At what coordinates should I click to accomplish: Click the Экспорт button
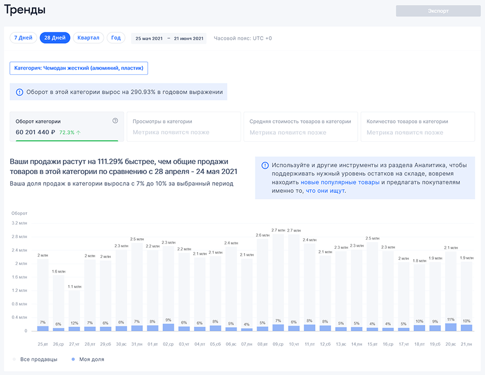pyautogui.click(x=438, y=11)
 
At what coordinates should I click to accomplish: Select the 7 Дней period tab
pyautogui.click(x=23, y=38)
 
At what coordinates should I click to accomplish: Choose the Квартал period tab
pyautogui.click(x=88, y=38)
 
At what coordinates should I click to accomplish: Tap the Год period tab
pyautogui.click(x=116, y=38)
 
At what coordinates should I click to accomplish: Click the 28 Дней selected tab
pyautogui.click(x=55, y=38)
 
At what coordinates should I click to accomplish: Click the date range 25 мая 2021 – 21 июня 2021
pyautogui.click(x=169, y=38)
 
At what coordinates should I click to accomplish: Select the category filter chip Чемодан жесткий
pyautogui.click(x=79, y=68)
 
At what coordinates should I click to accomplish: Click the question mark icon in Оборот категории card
pyautogui.click(x=115, y=121)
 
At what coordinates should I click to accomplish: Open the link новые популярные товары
pyautogui.click(x=340, y=182)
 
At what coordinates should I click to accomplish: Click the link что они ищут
pyautogui.click(x=325, y=191)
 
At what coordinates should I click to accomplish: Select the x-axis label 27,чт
pyautogui.click(x=74, y=344)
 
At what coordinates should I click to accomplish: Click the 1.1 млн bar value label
pyautogui.click(x=74, y=287)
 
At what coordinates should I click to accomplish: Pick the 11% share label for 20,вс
pyautogui.click(x=451, y=320)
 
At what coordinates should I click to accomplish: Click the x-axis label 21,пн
pyautogui.click(x=467, y=344)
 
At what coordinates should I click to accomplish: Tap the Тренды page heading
pyautogui.click(x=25, y=10)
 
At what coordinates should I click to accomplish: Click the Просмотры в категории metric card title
pyautogui.click(x=163, y=121)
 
